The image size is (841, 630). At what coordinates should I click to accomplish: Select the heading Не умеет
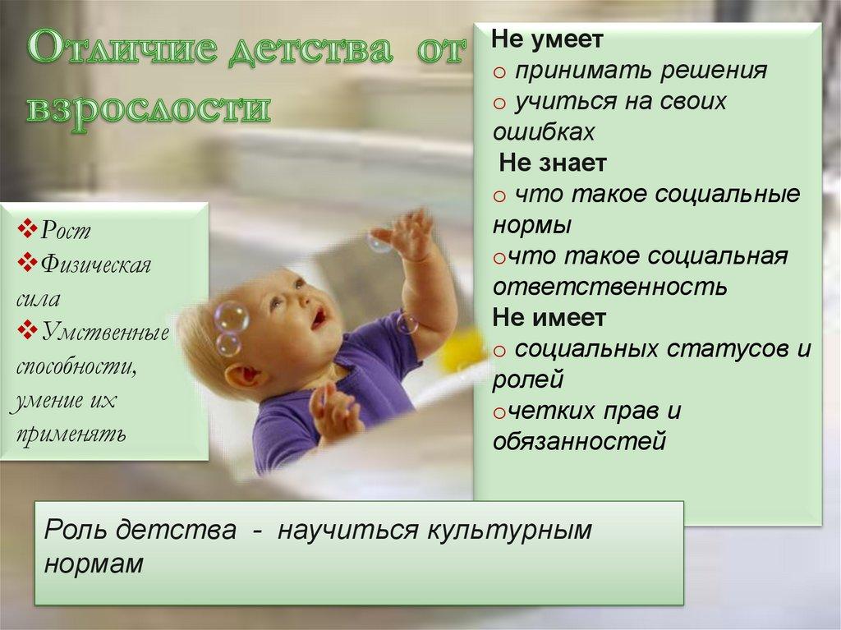point(548,39)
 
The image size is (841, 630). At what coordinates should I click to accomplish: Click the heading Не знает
point(553,163)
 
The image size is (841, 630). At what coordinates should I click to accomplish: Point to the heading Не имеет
point(549,317)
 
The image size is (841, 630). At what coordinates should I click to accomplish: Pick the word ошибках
point(543,131)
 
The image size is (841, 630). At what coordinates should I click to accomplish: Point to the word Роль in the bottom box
point(76,529)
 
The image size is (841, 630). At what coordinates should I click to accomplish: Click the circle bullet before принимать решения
point(499,71)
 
